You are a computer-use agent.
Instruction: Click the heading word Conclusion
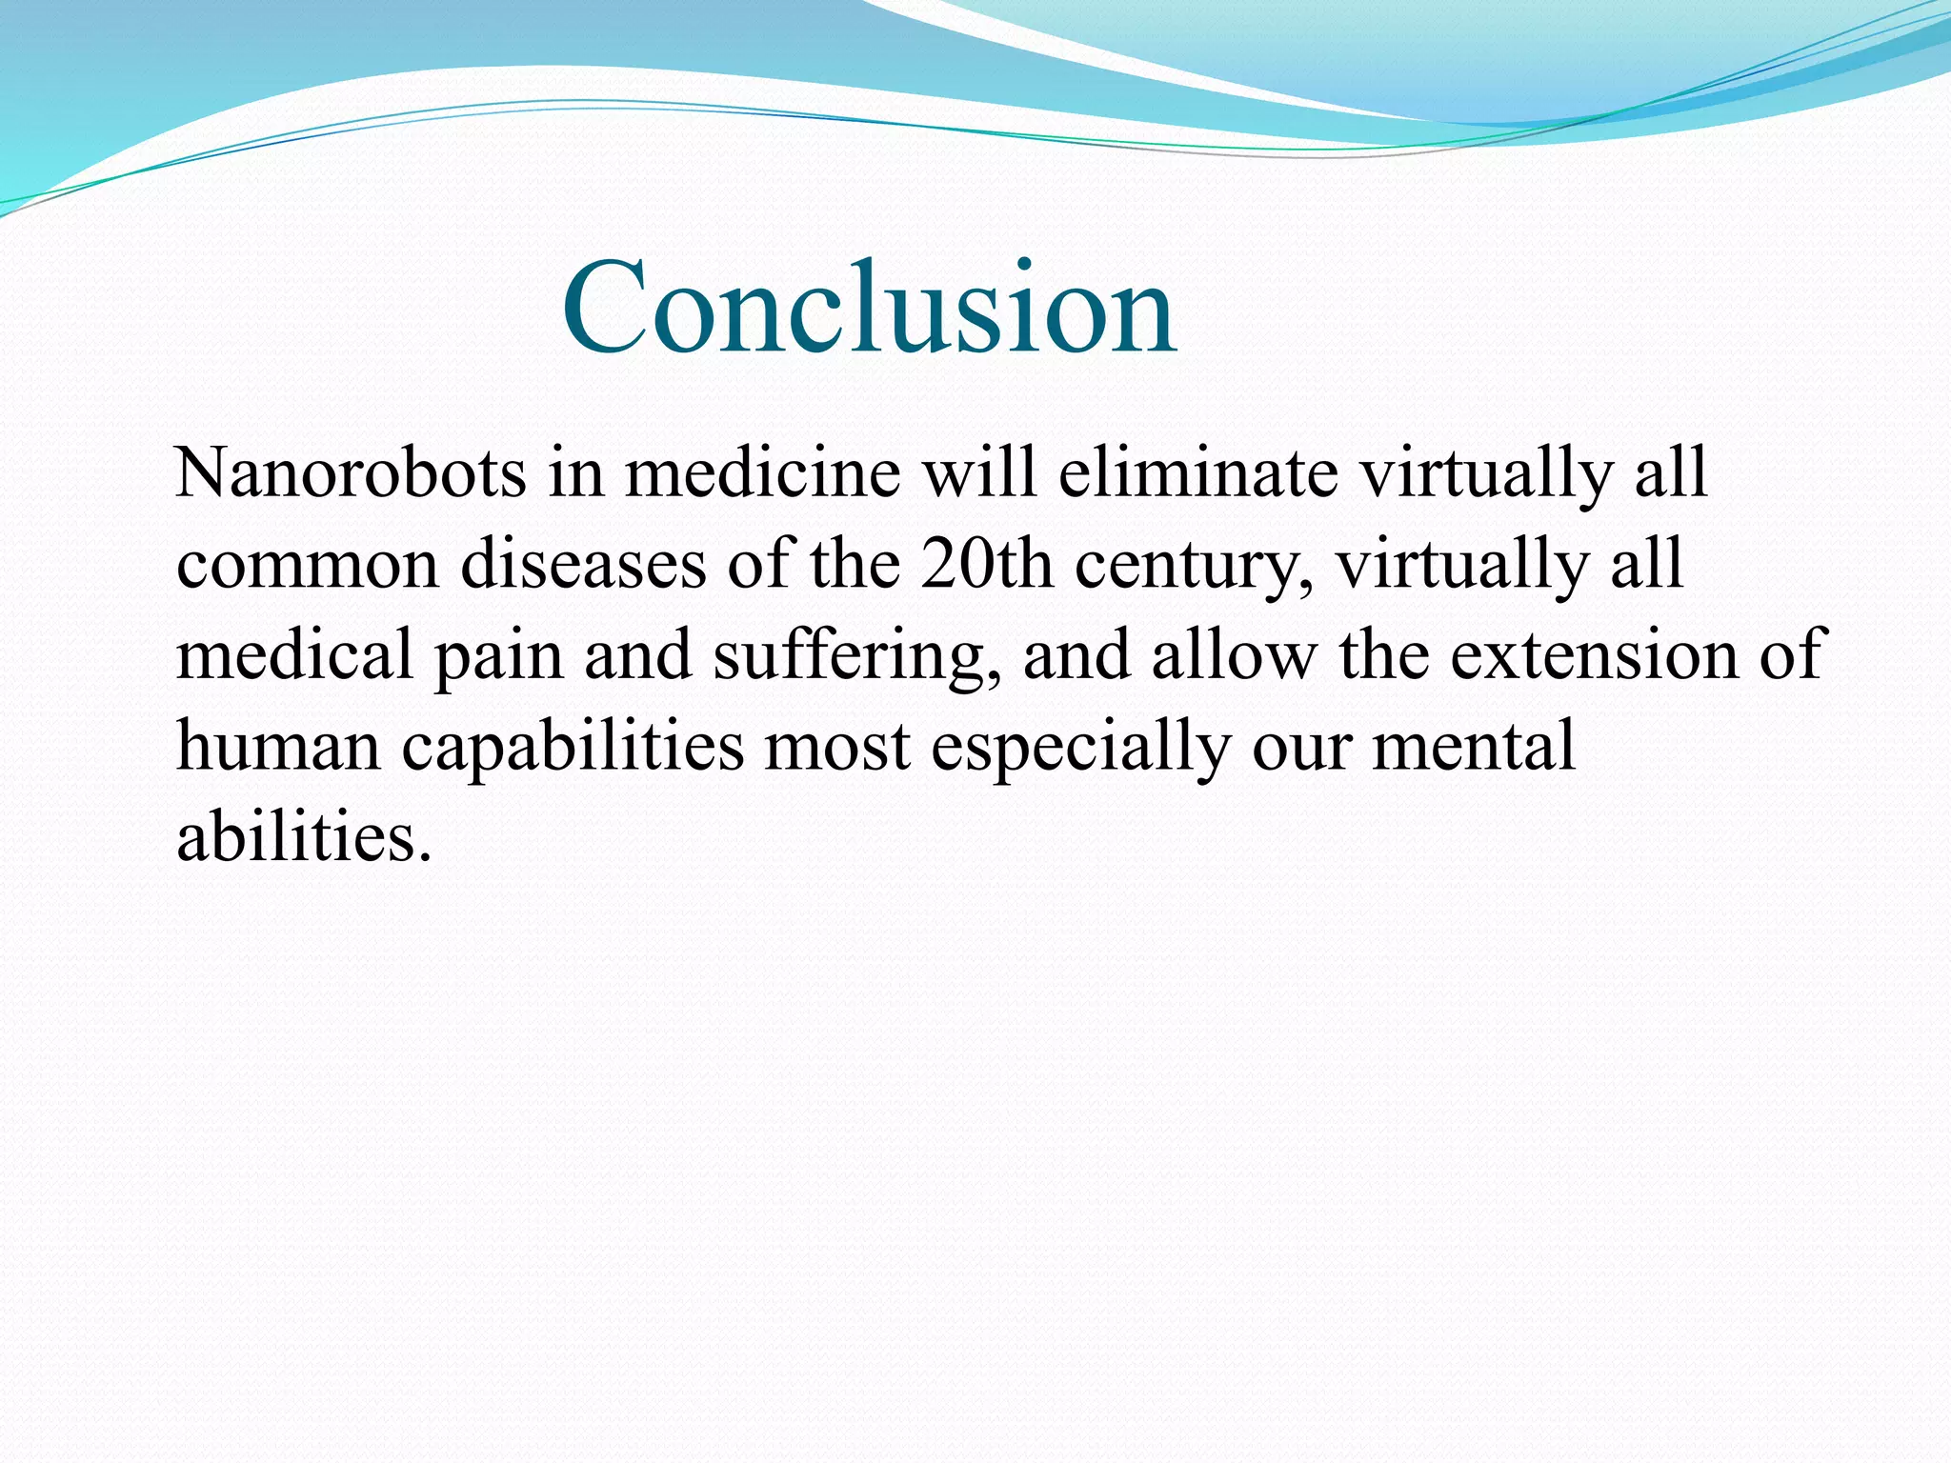click(869, 309)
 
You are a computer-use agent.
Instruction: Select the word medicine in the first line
click(762, 473)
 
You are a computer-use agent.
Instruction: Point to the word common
click(308, 565)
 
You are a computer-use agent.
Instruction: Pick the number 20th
click(986, 565)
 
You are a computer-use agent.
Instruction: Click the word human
click(278, 746)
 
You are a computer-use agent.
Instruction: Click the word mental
click(1473, 746)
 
